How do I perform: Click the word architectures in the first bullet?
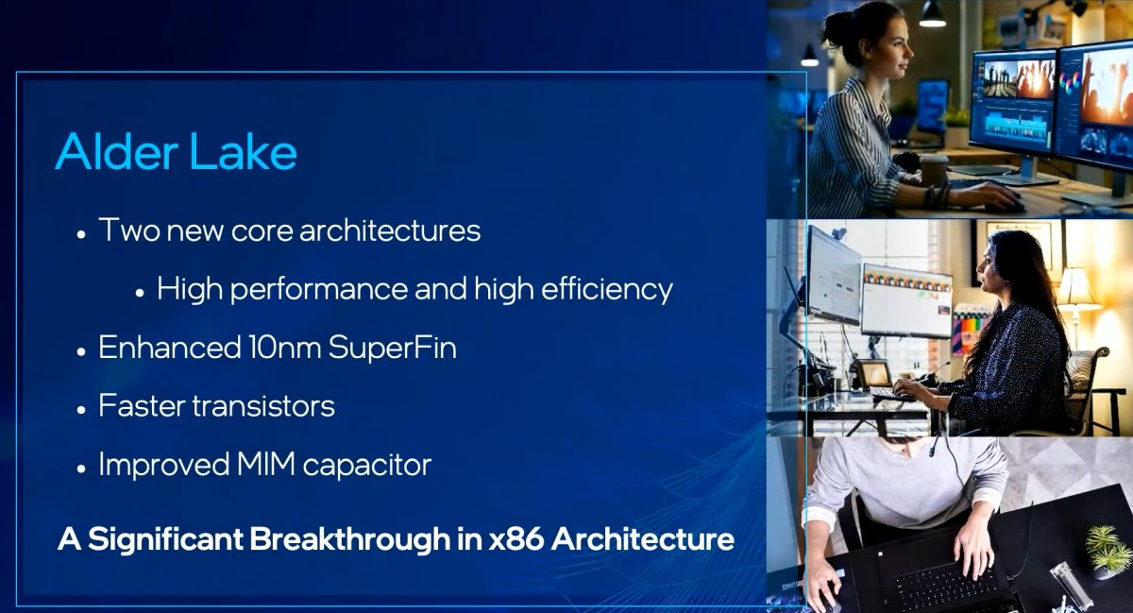pyautogui.click(x=390, y=230)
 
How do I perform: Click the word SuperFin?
pyautogui.click(x=392, y=348)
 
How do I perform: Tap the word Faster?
pyautogui.click(x=140, y=406)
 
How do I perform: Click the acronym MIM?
pyautogui.click(x=284, y=465)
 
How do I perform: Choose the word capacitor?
pyautogui.click(x=377, y=465)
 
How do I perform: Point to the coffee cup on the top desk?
pyautogui.click(x=934, y=170)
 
